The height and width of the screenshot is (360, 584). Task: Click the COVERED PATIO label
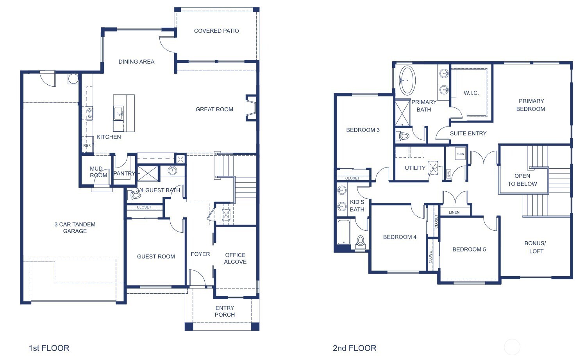[216, 31]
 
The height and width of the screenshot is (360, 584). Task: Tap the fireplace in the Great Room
[251, 107]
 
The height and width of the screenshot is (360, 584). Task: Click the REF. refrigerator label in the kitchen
[87, 146]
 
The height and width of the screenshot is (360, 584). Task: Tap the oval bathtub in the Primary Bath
[407, 80]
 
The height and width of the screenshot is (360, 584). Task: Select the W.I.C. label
[471, 93]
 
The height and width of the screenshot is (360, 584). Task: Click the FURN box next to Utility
[461, 154]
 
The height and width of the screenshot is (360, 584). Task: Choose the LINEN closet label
[454, 212]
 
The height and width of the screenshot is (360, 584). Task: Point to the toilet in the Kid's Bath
[360, 242]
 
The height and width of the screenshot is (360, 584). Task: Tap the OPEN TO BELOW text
[522, 180]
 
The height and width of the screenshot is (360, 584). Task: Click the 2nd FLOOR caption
[354, 348]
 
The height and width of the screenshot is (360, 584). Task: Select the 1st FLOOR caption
[49, 348]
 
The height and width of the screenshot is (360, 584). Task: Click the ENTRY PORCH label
[225, 311]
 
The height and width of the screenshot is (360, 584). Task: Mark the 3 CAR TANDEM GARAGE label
[75, 228]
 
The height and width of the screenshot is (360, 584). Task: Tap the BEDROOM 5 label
[469, 250]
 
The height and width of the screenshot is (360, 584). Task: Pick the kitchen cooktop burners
[89, 113]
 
